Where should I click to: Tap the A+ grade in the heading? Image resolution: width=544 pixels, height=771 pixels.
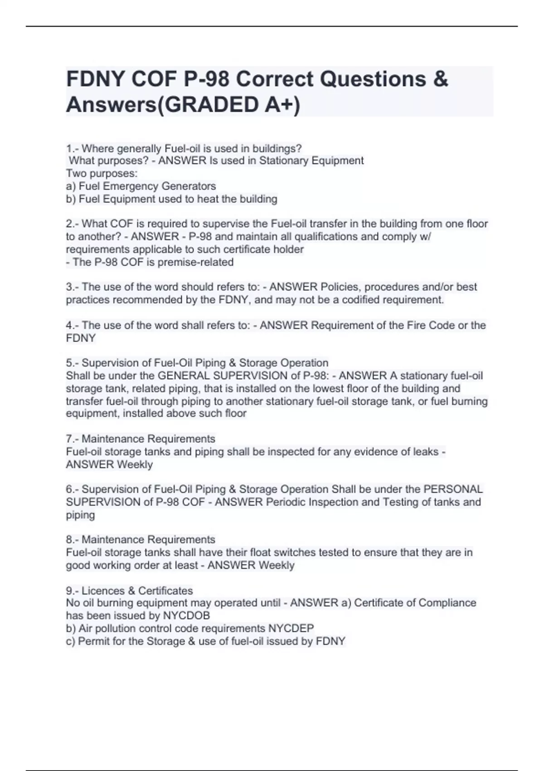tap(280, 105)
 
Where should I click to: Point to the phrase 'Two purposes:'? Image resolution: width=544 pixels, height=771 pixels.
tap(102, 173)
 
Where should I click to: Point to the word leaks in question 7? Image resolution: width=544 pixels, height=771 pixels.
tap(426, 452)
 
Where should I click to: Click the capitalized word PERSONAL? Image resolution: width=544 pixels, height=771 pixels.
tap(453, 489)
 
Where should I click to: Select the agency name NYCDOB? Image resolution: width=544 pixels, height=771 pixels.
tap(186, 615)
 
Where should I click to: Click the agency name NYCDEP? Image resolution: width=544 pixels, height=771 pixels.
tap(291, 628)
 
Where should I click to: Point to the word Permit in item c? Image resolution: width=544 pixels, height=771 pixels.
tap(94, 641)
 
